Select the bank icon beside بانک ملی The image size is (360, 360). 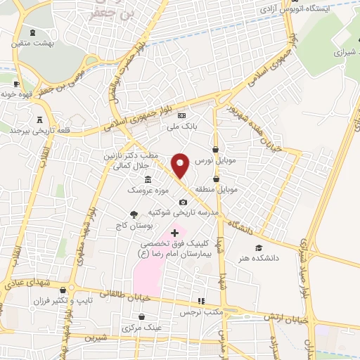pyautogui.click(x=182, y=116)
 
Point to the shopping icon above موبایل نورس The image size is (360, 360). pyautogui.click(x=214, y=149)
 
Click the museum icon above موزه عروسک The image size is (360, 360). pyautogui.click(x=147, y=180)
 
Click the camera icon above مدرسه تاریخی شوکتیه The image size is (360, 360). pyautogui.click(x=183, y=202)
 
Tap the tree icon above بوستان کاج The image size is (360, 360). pyautogui.click(x=134, y=215)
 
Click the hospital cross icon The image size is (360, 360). pyautogui.click(x=174, y=232)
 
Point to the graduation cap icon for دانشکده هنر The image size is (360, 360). pyautogui.click(x=259, y=247)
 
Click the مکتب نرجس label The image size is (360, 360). pyautogui.click(x=199, y=311)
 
